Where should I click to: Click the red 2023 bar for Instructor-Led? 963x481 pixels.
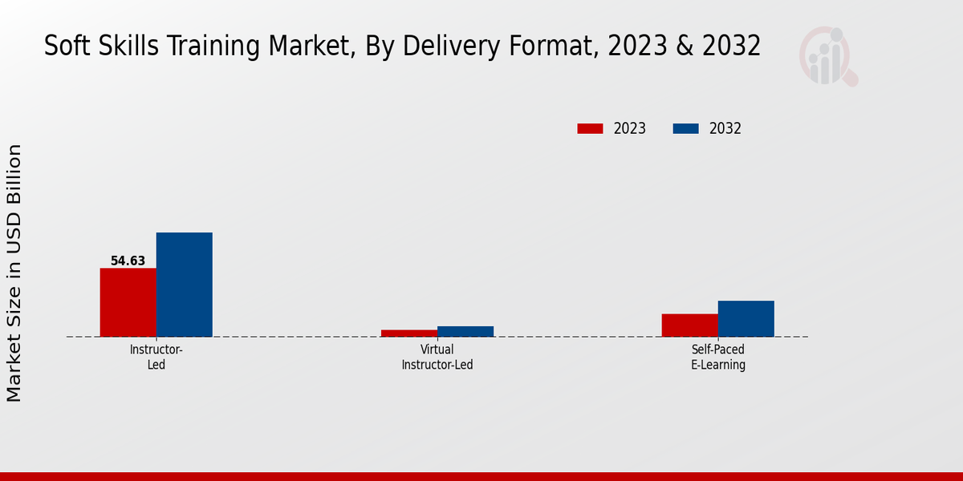pos(128,302)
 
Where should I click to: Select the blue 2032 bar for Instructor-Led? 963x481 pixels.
pos(184,285)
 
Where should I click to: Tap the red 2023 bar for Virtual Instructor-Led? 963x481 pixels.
pos(409,333)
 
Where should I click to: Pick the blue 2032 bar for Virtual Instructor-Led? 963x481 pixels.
pos(465,331)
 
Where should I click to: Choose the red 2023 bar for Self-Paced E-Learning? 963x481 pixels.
pos(689,325)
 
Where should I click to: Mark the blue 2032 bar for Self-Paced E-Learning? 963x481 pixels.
pos(746,318)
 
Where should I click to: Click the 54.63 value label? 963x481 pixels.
pos(128,261)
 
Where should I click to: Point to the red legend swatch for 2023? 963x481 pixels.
pos(590,128)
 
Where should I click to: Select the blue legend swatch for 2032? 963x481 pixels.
pos(685,128)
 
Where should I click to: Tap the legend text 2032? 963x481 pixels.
pos(725,128)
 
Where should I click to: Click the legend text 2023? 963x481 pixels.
pos(630,128)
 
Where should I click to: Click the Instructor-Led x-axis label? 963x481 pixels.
pos(156,357)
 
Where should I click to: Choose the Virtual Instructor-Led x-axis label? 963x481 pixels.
pos(437,357)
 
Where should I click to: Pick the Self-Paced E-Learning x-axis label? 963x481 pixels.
pos(718,357)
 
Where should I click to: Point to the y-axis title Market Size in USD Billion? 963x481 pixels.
pos(14,273)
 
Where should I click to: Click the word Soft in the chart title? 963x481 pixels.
pos(62,46)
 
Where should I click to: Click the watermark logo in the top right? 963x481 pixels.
pos(827,56)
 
